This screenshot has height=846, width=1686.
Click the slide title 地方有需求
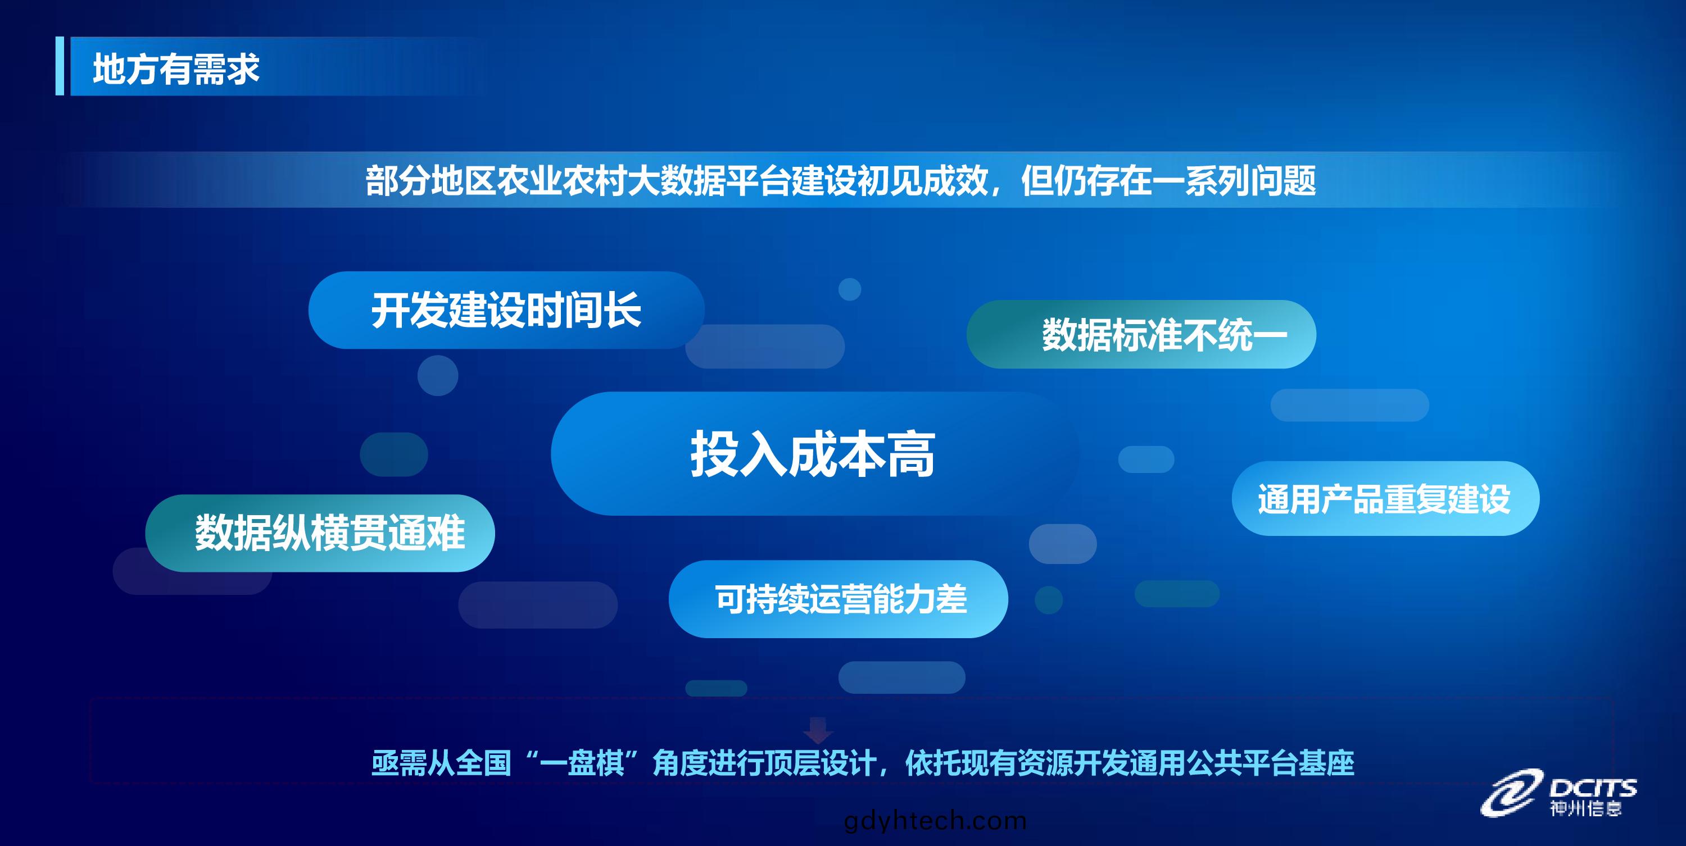click(176, 69)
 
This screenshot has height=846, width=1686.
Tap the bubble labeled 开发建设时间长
click(506, 310)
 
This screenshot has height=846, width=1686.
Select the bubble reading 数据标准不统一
click(1141, 334)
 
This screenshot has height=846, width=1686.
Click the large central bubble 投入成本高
click(814, 453)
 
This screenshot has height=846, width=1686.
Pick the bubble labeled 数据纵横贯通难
click(320, 533)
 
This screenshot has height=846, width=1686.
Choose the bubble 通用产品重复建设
click(1385, 499)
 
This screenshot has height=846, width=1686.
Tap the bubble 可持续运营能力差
click(839, 599)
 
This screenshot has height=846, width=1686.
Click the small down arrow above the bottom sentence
click(818, 730)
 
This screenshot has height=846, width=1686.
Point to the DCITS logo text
click(1593, 787)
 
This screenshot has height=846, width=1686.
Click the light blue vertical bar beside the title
click(60, 66)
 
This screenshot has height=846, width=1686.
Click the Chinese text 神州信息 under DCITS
click(1585, 809)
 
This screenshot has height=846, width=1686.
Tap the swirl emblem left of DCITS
click(1508, 793)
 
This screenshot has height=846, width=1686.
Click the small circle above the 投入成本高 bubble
click(850, 289)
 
